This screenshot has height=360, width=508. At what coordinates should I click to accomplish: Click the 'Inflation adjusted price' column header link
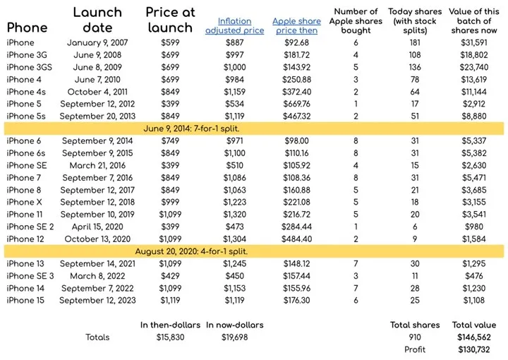[x=235, y=26]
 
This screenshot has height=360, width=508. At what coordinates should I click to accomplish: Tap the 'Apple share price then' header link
[x=295, y=26]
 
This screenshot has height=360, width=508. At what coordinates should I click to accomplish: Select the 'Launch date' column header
[x=97, y=20]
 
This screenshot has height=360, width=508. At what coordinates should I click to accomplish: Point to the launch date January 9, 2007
[x=97, y=43]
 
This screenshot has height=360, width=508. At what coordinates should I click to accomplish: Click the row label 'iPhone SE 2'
[x=30, y=227]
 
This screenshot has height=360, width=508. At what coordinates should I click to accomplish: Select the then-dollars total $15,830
[x=169, y=337]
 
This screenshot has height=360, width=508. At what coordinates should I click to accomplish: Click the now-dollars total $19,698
[x=234, y=337]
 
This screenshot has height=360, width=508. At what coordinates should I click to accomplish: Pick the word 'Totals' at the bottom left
[x=99, y=337]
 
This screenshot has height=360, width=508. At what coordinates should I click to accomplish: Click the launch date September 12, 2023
[x=97, y=300]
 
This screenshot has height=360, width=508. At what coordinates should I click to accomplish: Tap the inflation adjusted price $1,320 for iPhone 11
[x=234, y=214]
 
